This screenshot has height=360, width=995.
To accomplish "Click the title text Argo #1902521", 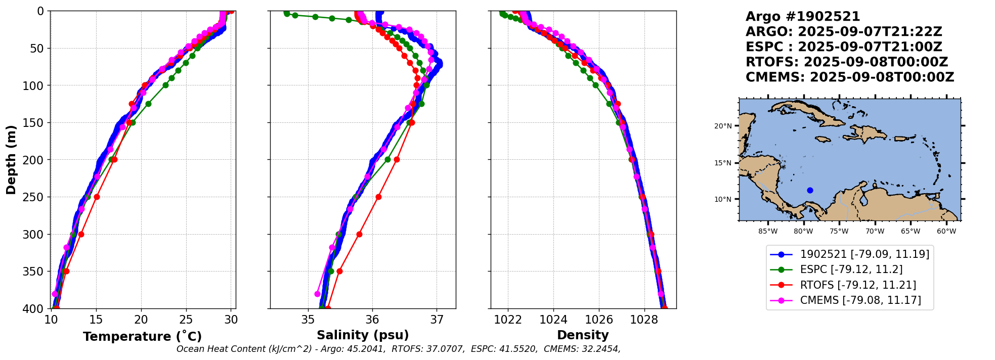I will coord(803,17).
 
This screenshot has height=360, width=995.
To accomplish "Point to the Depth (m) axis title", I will coord(11,160).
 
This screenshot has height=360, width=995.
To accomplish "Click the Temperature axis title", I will coord(142,336).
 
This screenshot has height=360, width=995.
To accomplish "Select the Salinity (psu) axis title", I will coord(363,335).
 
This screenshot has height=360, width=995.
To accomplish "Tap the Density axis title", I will coord(583,335).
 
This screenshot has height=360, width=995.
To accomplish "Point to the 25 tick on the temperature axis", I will coord(186,320).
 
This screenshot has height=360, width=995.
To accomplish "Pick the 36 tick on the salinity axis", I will coord(372,320).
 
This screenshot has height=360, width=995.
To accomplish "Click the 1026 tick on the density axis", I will coord(599,320).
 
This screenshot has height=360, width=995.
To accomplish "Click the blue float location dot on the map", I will coord(810,190).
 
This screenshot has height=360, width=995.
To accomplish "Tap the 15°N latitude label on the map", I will coord(723,163).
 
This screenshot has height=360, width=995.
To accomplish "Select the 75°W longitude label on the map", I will coord(839,232).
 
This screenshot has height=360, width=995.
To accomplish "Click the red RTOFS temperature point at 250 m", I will coord(97,197).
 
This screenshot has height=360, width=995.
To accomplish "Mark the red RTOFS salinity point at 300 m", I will coord(359,234).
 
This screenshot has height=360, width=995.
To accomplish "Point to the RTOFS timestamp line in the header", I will coord(847,62).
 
